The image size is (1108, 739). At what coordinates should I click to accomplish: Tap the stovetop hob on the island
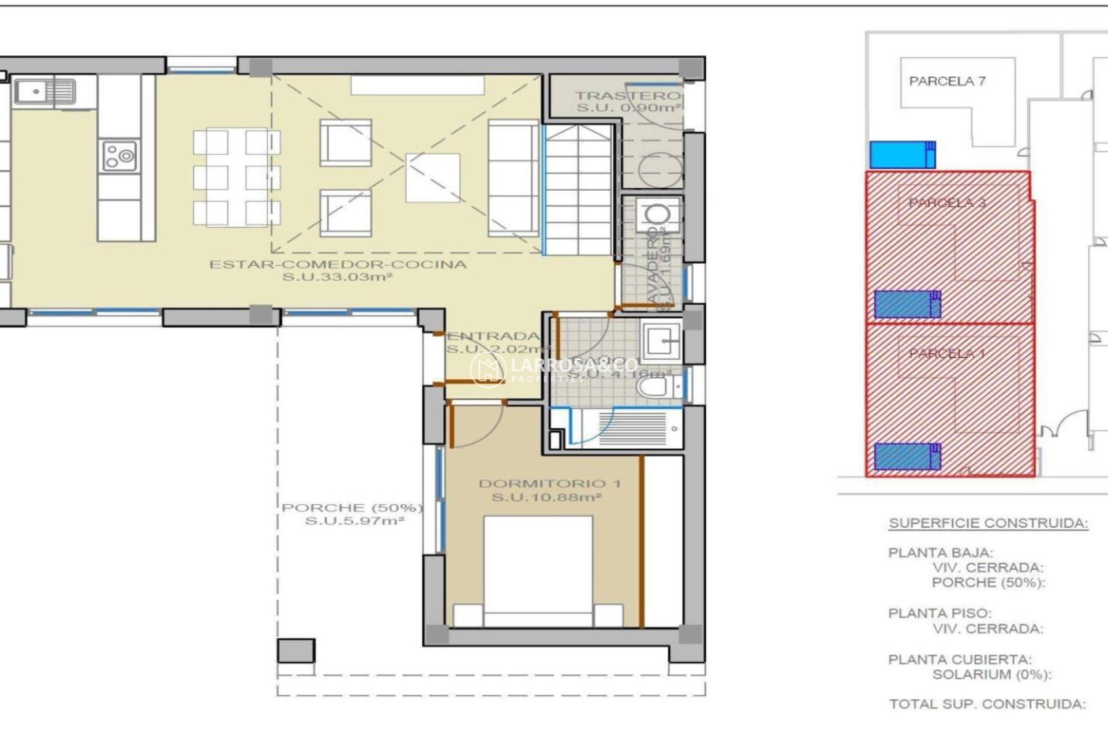(119, 156)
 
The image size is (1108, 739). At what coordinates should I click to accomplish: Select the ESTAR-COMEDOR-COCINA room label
(338, 264)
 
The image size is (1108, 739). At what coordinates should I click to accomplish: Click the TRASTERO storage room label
(627, 96)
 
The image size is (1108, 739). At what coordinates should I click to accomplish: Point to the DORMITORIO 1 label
(549, 484)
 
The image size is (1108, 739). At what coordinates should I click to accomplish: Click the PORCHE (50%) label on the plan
(352, 508)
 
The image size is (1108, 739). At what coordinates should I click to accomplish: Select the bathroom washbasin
(661, 341)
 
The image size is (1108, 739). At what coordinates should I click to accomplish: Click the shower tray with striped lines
(632, 429)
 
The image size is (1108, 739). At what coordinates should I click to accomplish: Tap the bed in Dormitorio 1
(538, 569)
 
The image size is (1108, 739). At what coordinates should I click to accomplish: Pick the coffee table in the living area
(433, 178)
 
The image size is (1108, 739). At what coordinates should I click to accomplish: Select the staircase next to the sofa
(578, 191)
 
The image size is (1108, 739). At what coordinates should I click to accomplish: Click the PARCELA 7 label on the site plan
(947, 81)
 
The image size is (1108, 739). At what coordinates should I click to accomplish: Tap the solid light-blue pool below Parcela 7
(902, 155)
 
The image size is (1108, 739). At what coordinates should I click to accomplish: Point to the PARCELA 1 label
(946, 353)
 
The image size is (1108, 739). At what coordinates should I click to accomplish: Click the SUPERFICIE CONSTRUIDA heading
(988, 523)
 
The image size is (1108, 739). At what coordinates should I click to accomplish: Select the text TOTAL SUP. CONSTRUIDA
(987, 704)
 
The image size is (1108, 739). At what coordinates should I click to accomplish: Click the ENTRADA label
(493, 336)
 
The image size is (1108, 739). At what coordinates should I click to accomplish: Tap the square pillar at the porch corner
(296, 651)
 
